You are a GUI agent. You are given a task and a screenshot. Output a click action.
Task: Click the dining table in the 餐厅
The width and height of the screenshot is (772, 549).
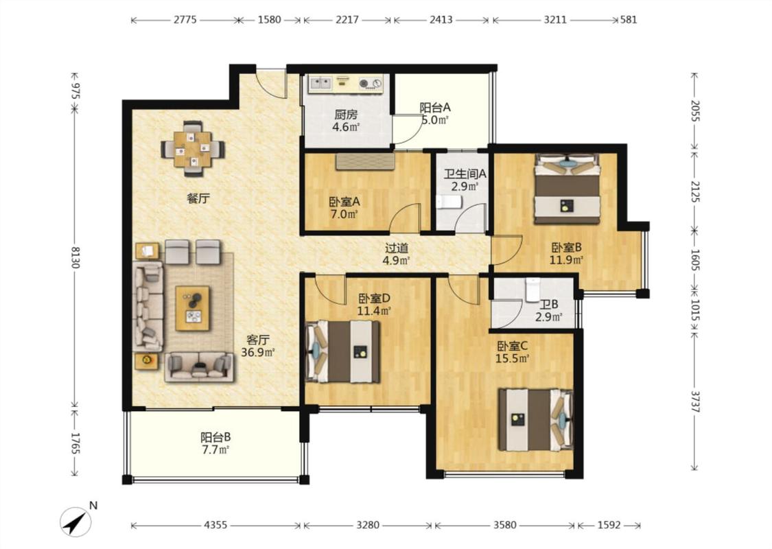[x=193, y=148]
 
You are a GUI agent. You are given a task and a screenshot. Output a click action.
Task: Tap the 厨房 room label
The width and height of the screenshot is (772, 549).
[x=346, y=115]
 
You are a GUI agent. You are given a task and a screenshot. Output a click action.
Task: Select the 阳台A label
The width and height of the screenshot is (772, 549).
[x=435, y=107]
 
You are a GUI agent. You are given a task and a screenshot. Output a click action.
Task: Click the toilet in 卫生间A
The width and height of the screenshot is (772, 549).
[x=448, y=202]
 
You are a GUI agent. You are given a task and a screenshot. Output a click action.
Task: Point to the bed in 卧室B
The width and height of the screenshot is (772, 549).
[x=568, y=189]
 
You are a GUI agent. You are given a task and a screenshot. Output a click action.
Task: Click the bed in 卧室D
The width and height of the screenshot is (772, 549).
[x=342, y=351]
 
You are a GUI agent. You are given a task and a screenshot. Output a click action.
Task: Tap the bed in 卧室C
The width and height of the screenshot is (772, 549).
[x=536, y=419]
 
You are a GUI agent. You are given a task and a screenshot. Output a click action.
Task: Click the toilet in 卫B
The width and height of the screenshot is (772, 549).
[x=533, y=290]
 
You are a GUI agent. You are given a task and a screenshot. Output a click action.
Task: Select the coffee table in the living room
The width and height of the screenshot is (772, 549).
[x=193, y=308]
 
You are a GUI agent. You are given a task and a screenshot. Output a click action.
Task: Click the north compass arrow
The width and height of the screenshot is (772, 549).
[x=76, y=522]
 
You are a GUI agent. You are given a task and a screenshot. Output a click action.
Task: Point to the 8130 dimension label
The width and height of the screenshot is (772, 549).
[x=75, y=257]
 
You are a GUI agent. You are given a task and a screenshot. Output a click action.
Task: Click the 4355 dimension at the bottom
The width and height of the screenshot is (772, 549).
[x=215, y=526]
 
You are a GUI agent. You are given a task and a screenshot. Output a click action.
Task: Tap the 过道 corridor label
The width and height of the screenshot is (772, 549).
[x=397, y=248]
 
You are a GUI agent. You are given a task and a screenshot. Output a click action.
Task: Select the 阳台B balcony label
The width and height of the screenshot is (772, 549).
[x=215, y=436]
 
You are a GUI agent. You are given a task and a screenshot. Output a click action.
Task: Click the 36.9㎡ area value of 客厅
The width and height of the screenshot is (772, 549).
[x=257, y=352]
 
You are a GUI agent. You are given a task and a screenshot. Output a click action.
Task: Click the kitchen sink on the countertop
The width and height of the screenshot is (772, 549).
[x=320, y=83]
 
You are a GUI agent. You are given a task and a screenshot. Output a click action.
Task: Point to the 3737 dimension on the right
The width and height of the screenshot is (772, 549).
[x=694, y=401]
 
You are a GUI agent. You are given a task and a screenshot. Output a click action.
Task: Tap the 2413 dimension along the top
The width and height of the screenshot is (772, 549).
[x=441, y=20]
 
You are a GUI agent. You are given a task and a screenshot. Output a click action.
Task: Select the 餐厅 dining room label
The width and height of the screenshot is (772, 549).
[x=198, y=198]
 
